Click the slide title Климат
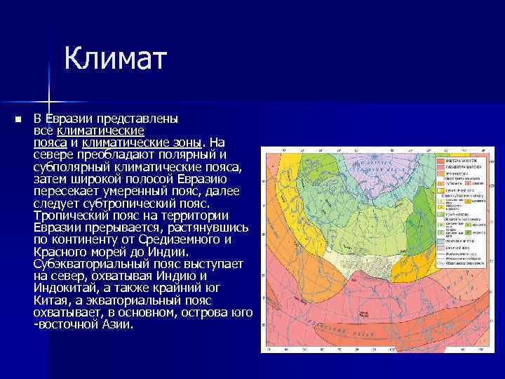click(x=116, y=59)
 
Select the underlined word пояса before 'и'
click(x=50, y=142)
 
